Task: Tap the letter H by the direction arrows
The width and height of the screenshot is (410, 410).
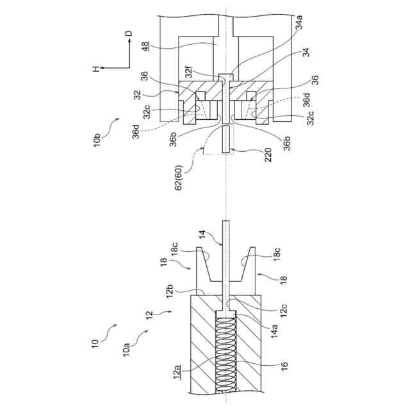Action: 94,69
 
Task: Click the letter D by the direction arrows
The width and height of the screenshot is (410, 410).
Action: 129,35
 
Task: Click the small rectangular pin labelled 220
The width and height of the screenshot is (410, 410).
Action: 225,139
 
